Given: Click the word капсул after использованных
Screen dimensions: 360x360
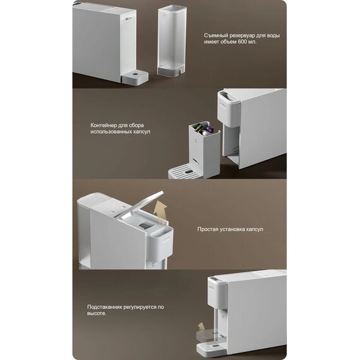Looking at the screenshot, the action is click(142, 132).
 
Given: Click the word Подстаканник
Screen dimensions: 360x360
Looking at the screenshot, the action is click(105, 307).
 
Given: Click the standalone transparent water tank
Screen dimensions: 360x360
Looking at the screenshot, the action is click(172, 40).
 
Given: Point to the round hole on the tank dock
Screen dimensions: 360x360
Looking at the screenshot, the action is click(136, 74).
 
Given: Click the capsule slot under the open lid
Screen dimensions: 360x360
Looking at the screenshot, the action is click(145, 225).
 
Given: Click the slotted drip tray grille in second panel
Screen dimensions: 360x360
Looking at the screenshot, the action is click(184, 171).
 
